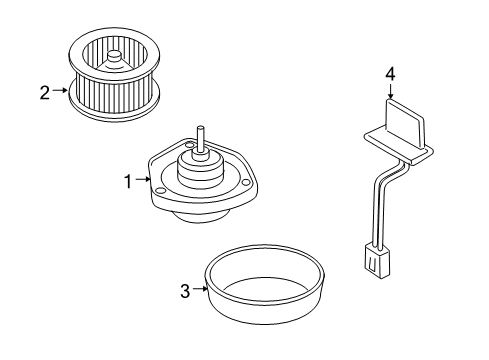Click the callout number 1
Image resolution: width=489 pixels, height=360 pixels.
128,181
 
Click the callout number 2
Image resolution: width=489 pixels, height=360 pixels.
44,93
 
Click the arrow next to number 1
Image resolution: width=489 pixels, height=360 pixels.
143,181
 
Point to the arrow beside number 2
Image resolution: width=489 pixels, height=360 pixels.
60,93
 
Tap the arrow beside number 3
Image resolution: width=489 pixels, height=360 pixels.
199,290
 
